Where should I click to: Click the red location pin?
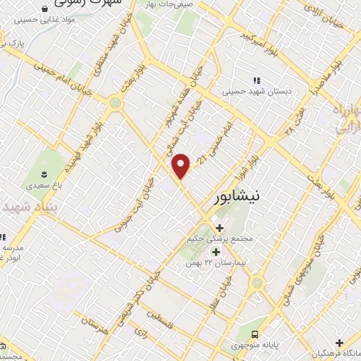click(182, 166)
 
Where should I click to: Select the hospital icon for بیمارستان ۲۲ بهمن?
click(215, 251)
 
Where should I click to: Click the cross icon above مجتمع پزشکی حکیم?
click(219, 228)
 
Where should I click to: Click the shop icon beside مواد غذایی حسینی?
click(44, 8)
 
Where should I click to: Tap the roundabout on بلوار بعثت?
click(114, 104)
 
